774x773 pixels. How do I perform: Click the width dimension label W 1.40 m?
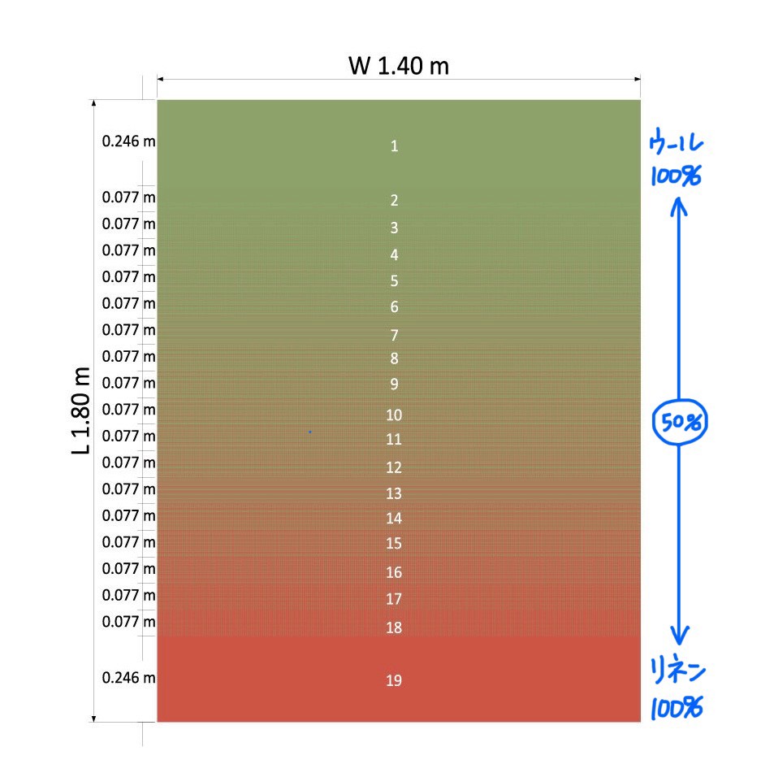coord(398,66)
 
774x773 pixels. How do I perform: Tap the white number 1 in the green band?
coord(395,146)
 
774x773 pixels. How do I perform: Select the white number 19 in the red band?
coord(394,680)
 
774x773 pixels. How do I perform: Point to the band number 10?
coord(394,415)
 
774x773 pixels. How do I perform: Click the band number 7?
coord(395,335)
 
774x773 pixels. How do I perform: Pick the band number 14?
coord(394,518)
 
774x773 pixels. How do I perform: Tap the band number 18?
coord(394,628)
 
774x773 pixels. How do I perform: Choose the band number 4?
coord(395,254)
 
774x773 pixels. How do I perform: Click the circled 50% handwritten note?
coord(681,421)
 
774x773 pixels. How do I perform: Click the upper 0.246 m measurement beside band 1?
coord(128,141)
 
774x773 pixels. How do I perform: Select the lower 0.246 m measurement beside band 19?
coord(128,677)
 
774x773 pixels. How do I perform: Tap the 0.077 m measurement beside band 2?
coord(128,197)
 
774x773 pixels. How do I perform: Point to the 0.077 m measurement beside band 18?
coord(128,622)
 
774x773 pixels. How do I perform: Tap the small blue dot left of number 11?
coord(309,432)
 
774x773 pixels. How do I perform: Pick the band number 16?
coord(394,572)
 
